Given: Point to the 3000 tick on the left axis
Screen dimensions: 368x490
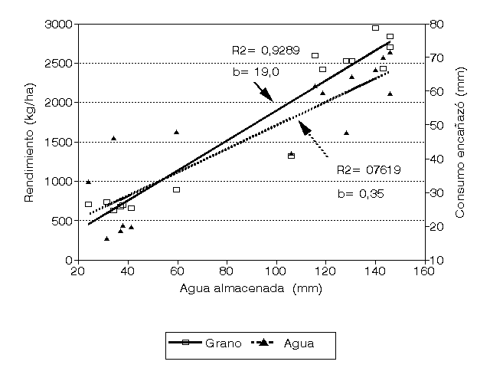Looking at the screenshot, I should click(x=58, y=25).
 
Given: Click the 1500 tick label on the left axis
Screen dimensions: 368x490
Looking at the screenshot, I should click(x=58, y=143).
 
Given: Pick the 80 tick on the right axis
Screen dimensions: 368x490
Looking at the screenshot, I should click(x=437, y=25).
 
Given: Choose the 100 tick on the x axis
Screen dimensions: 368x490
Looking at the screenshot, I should click(x=276, y=270).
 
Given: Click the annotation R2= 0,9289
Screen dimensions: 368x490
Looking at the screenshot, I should click(x=263, y=51).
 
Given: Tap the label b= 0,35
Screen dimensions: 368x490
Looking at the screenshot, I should click(x=360, y=193).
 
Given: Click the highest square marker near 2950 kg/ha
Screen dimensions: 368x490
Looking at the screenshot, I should click(x=375, y=28).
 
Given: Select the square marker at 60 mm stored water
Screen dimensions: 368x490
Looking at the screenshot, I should click(x=176, y=189).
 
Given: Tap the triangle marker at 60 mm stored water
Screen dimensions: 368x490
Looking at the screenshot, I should click(x=176, y=132).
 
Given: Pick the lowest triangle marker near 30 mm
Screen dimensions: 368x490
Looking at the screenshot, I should click(x=106, y=238).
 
